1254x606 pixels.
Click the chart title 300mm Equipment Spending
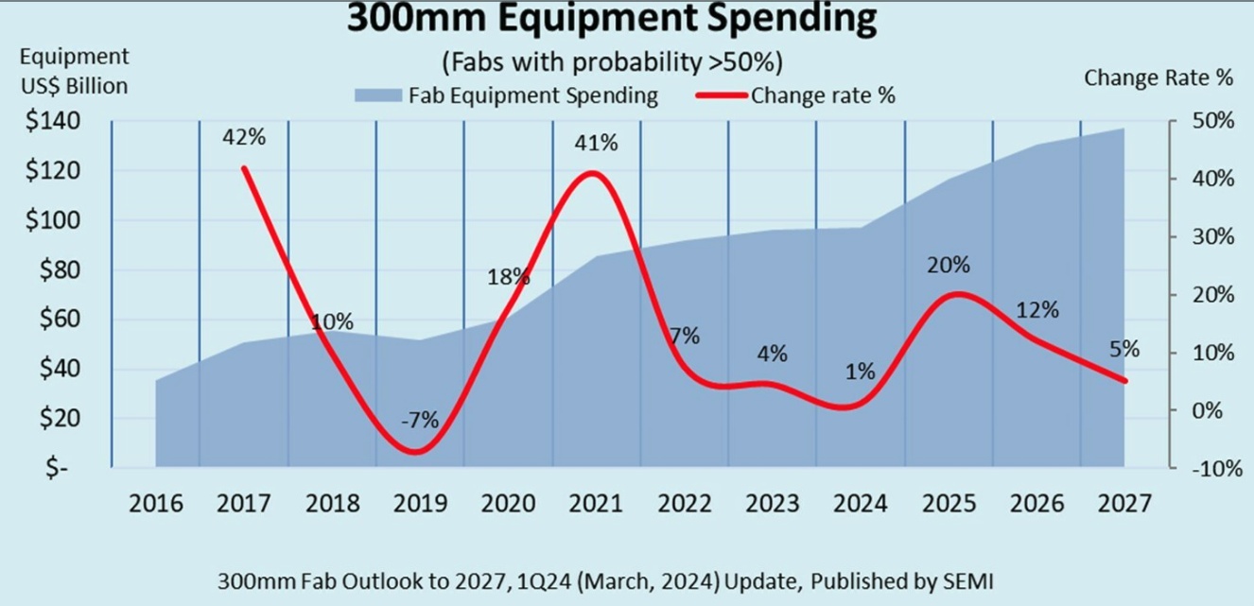pyautogui.click(x=612, y=18)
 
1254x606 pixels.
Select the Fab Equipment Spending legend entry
pyautogui.click(x=507, y=95)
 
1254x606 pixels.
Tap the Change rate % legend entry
pyautogui.click(x=795, y=95)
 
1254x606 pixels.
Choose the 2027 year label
pyautogui.click(x=1124, y=503)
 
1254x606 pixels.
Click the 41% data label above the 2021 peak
pyautogui.click(x=596, y=144)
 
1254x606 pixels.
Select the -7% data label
pyautogui.click(x=419, y=421)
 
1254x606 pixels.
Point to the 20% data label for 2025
pyautogui.click(x=949, y=267)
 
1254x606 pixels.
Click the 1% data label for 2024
pyautogui.click(x=860, y=372)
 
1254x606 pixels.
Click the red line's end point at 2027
pyautogui.click(x=1124, y=381)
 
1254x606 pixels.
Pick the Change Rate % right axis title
pyautogui.click(x=1158, y=78)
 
